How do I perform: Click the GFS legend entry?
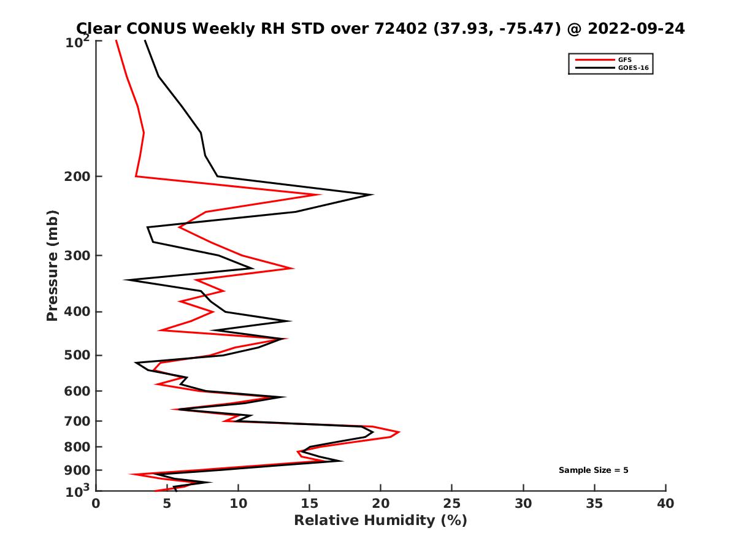[624, 59]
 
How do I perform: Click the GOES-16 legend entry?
[632, 67]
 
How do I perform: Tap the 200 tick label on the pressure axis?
[77, 177]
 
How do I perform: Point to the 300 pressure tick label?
[77, 256]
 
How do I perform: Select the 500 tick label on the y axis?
[77, 356]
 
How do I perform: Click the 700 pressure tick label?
[77, 421]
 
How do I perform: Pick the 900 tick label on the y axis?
[77, 470]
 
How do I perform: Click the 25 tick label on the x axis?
[452, 504]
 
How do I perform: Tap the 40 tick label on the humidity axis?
[665, 504]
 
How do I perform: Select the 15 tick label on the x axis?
[309, 504]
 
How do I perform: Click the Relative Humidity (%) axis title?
[380, 521]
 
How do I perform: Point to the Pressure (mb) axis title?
[52, 265]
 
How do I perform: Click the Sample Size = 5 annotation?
[593, 470]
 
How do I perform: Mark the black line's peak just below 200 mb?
[372, 194]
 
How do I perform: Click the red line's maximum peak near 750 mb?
[399, 432]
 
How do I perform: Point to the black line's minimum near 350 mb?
[125, 280]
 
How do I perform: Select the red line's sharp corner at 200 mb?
[136, 177]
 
